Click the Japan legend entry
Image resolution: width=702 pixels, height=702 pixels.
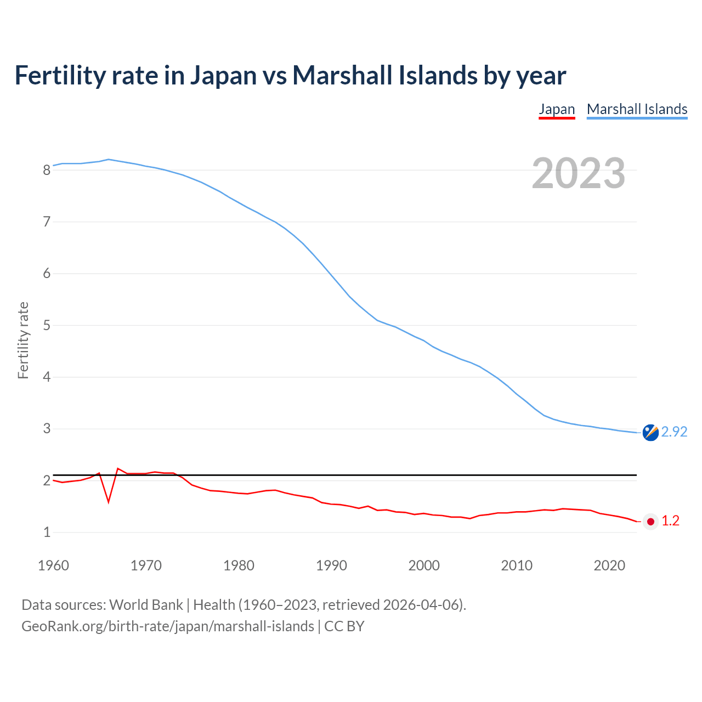click(x=557, y=109)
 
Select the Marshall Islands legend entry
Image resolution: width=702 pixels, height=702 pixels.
click(x=637, y=109)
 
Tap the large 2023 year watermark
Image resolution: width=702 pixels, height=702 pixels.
click(x=579, y=173)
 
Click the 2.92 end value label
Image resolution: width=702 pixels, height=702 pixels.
click(x=674, y=432)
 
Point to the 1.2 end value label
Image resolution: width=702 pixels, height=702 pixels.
click(x=670, y=521)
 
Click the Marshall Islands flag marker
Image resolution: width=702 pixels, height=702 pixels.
click(x=650, y=433)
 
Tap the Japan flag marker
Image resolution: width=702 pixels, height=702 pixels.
click(x=650, y=522)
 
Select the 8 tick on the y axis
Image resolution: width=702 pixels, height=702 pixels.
click(x=47, y=170)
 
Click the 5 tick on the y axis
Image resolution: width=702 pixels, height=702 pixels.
click(x=47, y=326)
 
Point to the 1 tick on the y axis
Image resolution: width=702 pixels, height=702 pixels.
click(x=47, y=533)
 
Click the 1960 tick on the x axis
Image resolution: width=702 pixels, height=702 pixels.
click(x=53, y=565)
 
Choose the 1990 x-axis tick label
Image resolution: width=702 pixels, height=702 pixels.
click(x=331, y=565)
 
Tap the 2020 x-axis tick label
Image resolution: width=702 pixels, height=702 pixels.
click(x=609, y=565)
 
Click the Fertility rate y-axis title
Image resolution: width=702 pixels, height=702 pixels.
click(x=23, y=340)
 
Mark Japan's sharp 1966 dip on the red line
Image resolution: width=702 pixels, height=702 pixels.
click(x=109, y=501)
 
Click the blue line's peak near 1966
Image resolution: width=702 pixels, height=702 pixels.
click(x=109, y=160)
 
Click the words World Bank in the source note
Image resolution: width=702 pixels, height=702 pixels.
click(x=146, y=605)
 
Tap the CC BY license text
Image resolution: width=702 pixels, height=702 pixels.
click(x=344, y=626)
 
